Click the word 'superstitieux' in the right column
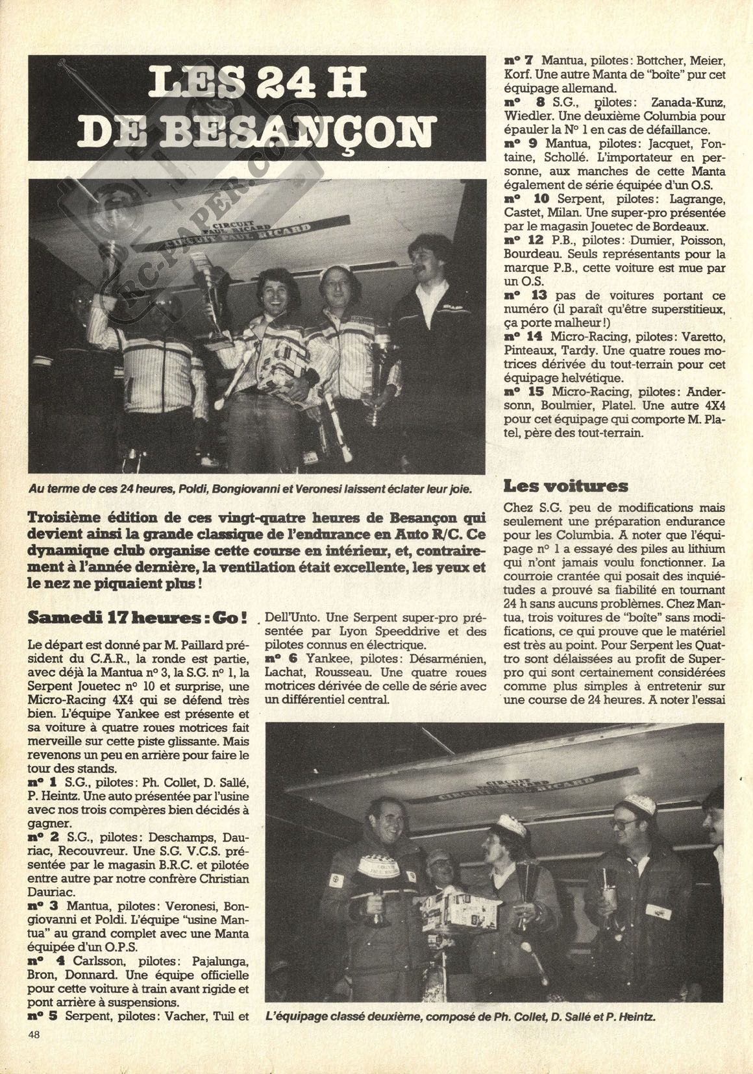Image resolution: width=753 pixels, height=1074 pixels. (690, 308)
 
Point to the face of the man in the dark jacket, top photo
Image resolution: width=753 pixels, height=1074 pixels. (426, 260)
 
